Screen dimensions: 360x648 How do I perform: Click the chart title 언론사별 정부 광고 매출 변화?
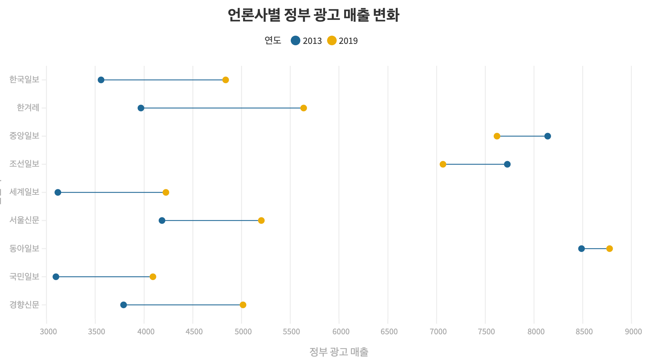pos(313,15)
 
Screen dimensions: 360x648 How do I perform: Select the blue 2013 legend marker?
pos(296,40)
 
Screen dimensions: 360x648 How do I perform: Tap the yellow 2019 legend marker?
pos(332,40)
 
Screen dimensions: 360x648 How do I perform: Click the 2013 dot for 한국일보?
pos(101,80)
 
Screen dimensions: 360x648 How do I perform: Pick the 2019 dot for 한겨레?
pos(303,108)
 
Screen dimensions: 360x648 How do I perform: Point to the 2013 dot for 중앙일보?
pos(548,136)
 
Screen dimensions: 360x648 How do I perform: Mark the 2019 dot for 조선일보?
pos(443,164)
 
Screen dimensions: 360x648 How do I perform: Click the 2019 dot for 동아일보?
pos(609,249)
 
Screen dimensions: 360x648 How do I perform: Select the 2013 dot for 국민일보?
pos(56,277)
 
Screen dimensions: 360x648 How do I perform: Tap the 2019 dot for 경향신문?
pos(243,305)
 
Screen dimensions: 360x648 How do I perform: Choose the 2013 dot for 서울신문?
pos(162,220)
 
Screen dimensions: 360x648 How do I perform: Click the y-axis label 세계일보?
pos(24,192)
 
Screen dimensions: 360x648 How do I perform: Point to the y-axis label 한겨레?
pos(28,108)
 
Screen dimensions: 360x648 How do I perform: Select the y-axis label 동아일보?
pos(24,248)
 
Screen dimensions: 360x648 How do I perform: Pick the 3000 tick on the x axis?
pos(48,332)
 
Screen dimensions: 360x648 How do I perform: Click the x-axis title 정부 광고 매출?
pos(339,351)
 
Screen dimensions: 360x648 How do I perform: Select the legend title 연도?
pos(273,40)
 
